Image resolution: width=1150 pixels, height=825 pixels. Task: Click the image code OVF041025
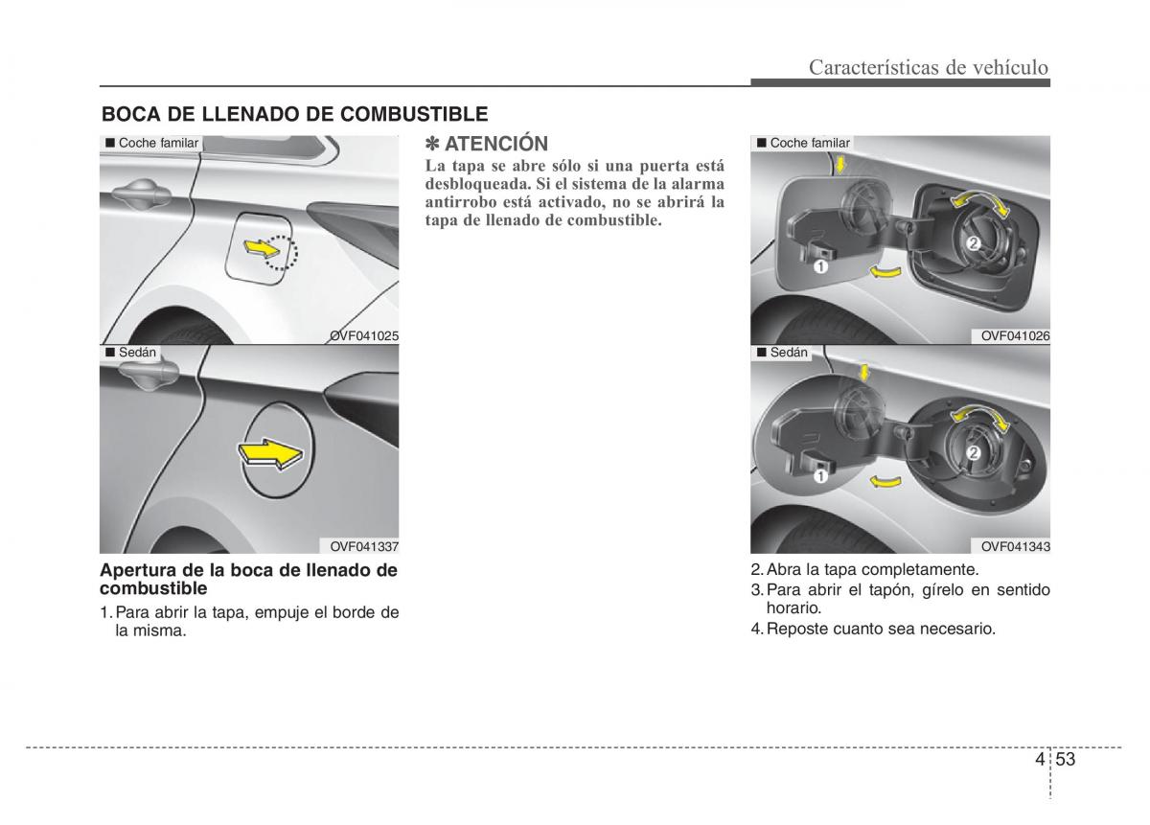coord(364,335)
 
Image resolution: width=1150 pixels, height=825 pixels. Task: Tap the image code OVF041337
coord(364,546)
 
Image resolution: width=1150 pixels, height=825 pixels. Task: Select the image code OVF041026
coord(1015,335)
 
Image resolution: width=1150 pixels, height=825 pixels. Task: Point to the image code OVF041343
coord(1015,546)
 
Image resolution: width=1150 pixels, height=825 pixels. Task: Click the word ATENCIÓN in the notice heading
coord(496,144)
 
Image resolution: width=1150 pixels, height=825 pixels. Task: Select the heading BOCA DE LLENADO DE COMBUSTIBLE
coord(295,114)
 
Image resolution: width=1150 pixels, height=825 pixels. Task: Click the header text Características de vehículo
coord(928,67)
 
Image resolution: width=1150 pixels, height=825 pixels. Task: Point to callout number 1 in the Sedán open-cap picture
coord(821,473)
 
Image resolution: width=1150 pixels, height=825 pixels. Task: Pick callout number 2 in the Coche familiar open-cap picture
coord(973,243)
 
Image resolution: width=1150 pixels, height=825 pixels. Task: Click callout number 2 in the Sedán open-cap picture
coord(974,451)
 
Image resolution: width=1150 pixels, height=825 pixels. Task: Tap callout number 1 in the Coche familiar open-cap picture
coord(821,267)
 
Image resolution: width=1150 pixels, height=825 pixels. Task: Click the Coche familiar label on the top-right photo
coord(809,143)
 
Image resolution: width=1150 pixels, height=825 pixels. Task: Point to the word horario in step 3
coord(793,607)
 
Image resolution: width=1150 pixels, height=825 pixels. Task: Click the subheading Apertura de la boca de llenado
coord(248,579)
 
